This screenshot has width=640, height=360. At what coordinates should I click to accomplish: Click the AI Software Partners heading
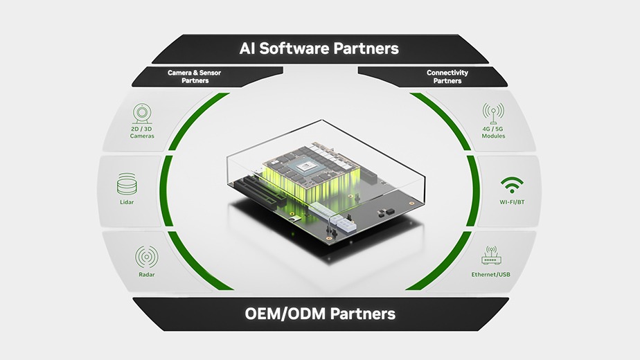tap(319, 49)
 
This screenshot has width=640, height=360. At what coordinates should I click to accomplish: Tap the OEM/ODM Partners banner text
tap(320, 314)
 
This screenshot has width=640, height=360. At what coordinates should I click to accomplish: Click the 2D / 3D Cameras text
tap(142, 132)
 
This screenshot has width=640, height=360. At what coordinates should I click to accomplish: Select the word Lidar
tap(127, 202)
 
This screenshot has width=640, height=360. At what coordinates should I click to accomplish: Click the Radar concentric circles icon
tap(146, 258)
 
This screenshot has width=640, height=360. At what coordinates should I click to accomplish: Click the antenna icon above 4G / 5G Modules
tap(493, 113)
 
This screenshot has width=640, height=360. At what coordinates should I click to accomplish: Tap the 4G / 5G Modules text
tap(493, 132)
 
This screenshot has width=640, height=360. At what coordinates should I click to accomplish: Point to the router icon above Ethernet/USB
tap(491, 257)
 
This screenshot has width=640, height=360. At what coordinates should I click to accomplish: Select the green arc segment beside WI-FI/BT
tap(473, 190)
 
